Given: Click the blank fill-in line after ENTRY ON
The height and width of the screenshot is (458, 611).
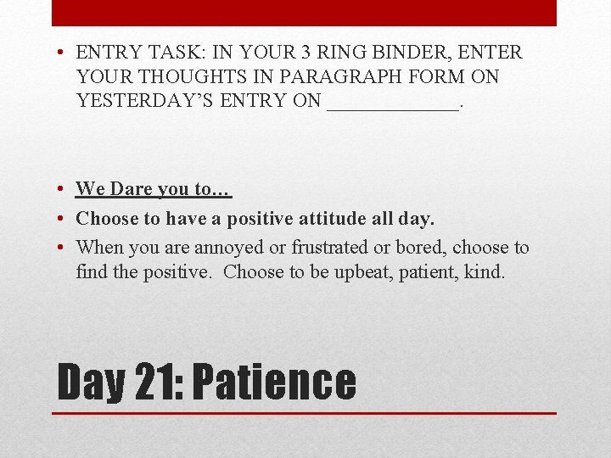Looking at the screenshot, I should pyautogui.click(x=391, y=105).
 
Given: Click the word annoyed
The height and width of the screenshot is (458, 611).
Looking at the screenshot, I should pyautogui.click(x=227, y=248).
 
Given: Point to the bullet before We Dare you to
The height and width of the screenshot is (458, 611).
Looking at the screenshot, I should pyautogui.click(x=63, y=189).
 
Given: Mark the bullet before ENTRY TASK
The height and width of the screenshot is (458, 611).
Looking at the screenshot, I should pyautogui.click(x=63, y=53).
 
